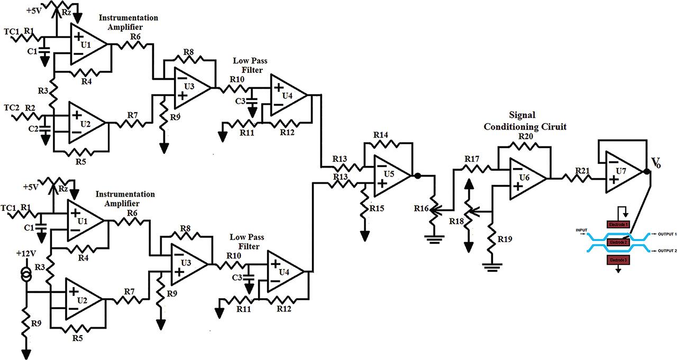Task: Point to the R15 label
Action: point(377,209)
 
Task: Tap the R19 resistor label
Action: point(504,239)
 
